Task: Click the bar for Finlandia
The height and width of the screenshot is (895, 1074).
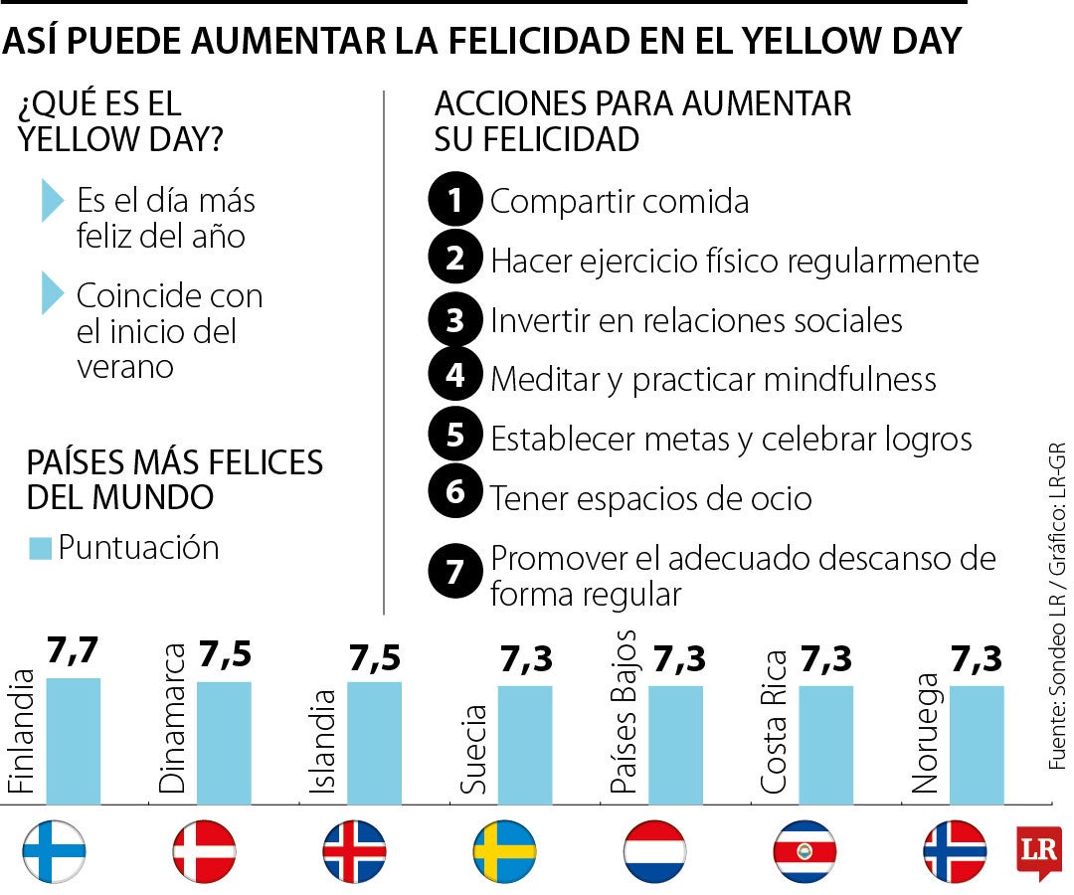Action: pos(74,738)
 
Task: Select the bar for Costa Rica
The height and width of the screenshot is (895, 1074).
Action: pos(825,742)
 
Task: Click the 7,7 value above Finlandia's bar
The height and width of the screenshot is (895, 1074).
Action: pos(74,653)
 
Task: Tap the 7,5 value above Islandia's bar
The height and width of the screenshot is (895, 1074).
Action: pos(375,658)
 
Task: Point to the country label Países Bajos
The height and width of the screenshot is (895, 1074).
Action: pos(625,711)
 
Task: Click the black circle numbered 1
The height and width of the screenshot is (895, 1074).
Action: pos(455,201)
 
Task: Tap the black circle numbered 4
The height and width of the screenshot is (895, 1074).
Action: pos(455,376)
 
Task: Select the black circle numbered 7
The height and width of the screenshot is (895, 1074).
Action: pos(455,573)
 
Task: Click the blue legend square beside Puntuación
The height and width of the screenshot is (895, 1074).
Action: pos(40,548)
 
